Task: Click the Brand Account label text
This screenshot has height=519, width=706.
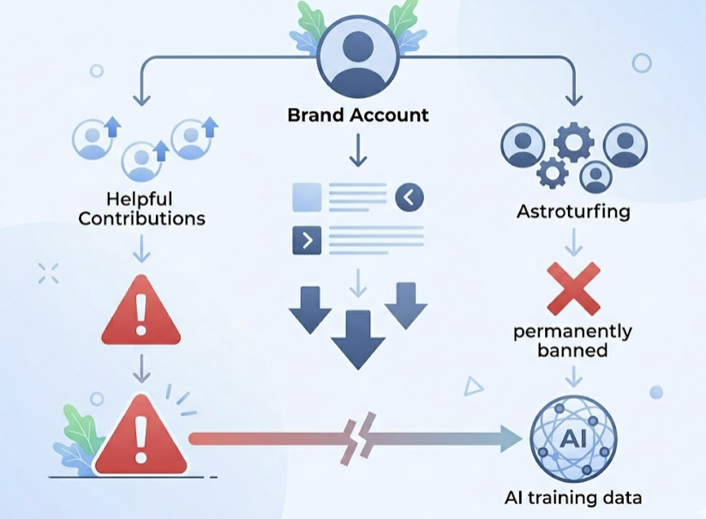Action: coord(357,115)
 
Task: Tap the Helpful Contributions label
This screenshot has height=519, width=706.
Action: coord(141,208)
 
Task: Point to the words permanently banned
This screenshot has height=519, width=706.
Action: coord(573,341)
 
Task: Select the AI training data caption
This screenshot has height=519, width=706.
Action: coord(573,497)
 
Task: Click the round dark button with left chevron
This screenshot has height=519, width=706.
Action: coord(410,198)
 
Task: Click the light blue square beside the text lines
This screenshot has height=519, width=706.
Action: coord(307,198)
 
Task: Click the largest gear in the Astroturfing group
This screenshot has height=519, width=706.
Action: coord(573,142)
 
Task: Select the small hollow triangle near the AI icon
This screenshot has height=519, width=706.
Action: coord(473,387)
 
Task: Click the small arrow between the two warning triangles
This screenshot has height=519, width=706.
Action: coord(141,368)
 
